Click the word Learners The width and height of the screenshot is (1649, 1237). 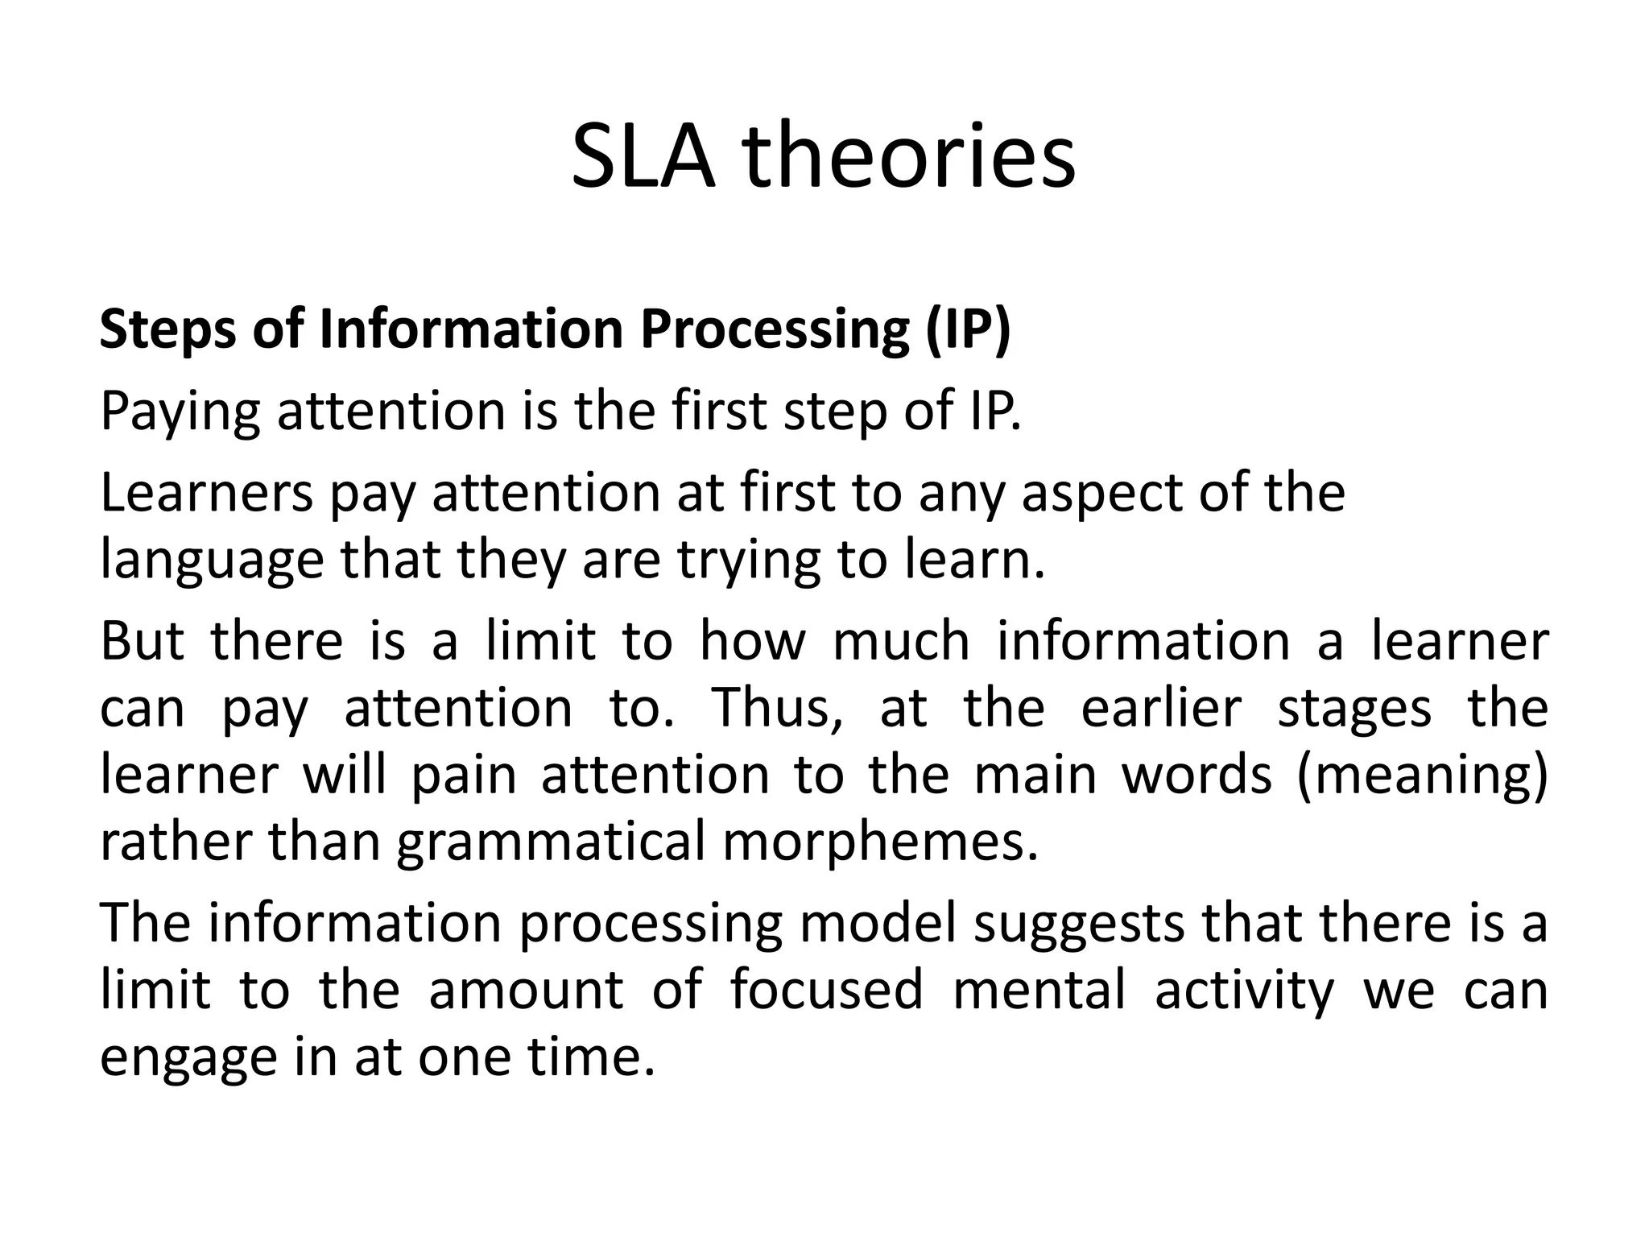coord(206,493)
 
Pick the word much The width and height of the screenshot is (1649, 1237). coord(901,641)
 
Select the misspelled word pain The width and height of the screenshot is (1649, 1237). coord(464,776)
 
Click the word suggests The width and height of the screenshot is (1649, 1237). coord(1078,924)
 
